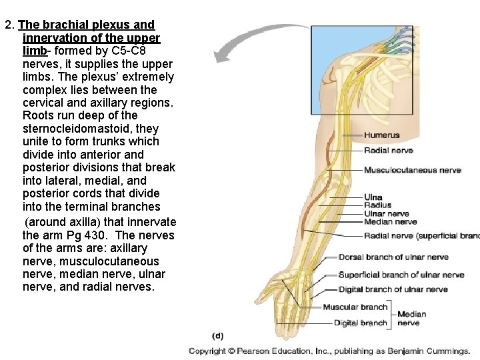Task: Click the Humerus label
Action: pos(381,135)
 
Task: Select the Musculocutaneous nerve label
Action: pos(412,170)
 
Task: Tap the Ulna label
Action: pos(373,197)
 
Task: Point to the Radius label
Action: pos(377,205)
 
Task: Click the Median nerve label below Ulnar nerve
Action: pos(390,222)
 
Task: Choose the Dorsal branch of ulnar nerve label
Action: pos(393,257)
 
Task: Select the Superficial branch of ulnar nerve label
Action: pos(401,275)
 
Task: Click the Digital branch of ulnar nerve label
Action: pos(393,289)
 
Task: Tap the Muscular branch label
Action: pos(355,307)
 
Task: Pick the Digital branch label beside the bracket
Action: pos(360,323)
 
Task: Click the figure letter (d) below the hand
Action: pos(218,335)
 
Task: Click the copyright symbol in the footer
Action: pos(231,351)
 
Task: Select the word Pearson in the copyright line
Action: pos(254,351)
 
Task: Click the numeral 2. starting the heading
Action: pos(9,25)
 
